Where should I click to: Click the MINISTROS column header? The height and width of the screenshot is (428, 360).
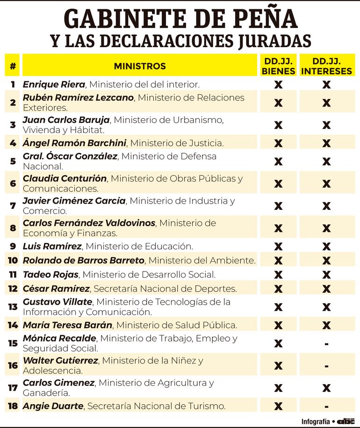click(140, 66)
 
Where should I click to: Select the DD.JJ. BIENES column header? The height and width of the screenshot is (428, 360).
click(278, 66)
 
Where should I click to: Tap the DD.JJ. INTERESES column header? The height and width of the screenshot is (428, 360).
click(326, 66)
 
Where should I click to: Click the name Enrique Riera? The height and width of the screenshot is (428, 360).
click(54, 85)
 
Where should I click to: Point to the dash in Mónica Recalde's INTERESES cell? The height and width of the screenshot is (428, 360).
click(326, 344)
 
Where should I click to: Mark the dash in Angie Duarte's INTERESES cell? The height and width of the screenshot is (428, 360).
click(326, 406)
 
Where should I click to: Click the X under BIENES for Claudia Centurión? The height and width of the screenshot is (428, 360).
click(278, 184)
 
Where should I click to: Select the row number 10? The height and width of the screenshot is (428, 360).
click(13, 260)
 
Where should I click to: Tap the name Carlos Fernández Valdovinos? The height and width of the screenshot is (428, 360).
click(89, 223)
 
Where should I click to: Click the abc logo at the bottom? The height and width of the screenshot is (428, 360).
click(346, 421)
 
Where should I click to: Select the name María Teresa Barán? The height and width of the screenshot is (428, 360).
click(67, 325)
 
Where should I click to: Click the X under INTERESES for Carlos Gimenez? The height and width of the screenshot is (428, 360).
click(326, 388)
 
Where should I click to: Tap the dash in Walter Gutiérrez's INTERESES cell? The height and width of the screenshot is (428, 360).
click(326, 366)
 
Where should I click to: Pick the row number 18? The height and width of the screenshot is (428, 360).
click(13, 406)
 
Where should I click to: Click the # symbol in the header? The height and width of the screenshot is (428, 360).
click(13, 66)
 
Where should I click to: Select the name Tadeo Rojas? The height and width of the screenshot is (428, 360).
click(50, 274)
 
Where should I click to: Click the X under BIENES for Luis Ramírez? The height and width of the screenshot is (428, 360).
click(278, 246)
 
